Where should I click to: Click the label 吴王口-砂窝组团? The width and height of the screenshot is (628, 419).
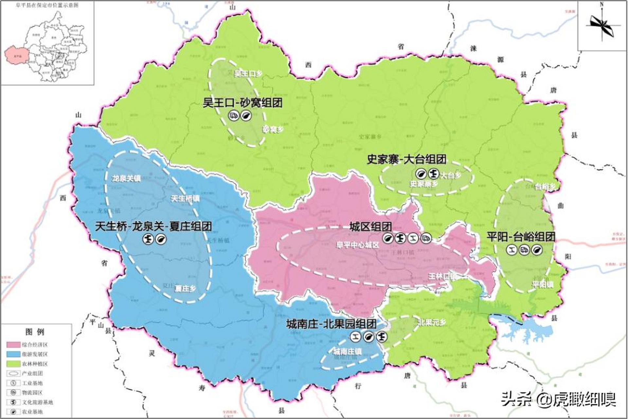coord(242,103)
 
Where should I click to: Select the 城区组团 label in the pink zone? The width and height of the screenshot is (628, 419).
coord(370,227)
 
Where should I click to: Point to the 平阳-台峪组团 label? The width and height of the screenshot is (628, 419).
coord(521,237)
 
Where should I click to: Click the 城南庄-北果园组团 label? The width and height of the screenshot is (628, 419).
coord(331,324)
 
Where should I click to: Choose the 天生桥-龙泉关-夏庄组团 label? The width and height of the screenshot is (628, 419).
coord(153,226)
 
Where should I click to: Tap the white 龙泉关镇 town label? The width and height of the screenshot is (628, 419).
coord(126,179)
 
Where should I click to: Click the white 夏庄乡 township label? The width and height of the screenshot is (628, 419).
coord(185,288)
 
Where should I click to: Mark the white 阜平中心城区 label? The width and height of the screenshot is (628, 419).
coord(357,245)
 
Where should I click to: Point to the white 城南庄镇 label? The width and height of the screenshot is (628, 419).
coord(347,352)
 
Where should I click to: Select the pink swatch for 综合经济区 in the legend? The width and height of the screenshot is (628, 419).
coord(13,345)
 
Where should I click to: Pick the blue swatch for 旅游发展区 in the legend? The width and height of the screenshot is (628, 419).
coord(13,354)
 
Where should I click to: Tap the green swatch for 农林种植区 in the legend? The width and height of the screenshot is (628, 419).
coord(13,364)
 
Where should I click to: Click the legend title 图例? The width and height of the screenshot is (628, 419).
coord(35,332)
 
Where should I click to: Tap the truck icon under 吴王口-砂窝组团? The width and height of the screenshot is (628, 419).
coord(234,116)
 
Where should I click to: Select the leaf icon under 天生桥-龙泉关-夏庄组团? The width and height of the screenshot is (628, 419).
coord(161,239)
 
